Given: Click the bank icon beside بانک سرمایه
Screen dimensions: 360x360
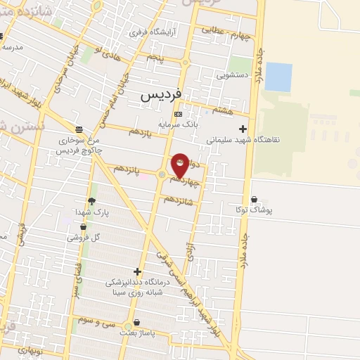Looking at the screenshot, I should pos(178,114).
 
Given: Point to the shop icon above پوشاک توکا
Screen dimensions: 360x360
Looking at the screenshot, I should pos(253,199).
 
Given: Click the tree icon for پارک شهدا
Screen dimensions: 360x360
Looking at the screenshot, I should pos(91,201).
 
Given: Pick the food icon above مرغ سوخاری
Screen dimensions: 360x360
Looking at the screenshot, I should pos(79,129).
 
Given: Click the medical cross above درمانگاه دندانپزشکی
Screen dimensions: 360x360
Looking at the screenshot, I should pos(137,271).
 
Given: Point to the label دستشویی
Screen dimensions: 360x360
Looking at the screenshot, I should pos(234,72).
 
